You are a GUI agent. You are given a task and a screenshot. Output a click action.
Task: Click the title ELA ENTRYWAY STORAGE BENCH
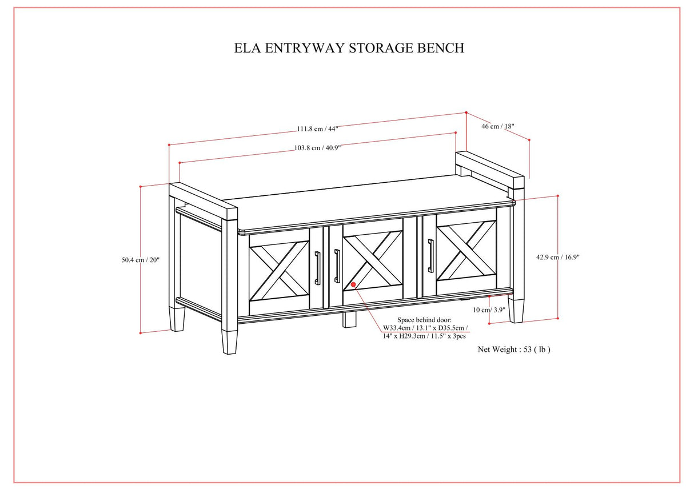click(x=349, y=48)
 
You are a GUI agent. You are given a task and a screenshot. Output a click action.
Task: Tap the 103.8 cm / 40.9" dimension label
click(x=317, y=147)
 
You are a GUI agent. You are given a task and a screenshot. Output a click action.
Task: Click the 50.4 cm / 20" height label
click(x=140, y=260)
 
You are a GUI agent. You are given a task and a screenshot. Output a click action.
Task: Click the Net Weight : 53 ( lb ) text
click(x=514, y=350)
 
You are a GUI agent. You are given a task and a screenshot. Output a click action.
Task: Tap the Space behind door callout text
click(x=425, y=328)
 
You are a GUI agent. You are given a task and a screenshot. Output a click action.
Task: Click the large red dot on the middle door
click(x=354, y=284)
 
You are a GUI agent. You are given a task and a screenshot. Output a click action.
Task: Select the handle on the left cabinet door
click(x=317, y=267)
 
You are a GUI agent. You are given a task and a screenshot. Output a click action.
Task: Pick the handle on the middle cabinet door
click(x=337, y=266)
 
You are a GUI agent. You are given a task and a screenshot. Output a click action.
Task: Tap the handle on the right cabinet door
click(x=430, y=255)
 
